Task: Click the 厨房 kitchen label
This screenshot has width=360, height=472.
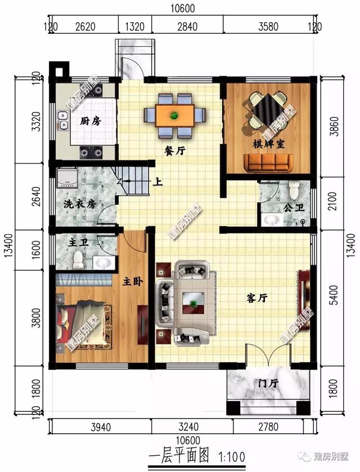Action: pyautogui.click(x=90, y=121)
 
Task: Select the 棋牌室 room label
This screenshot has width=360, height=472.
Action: pyautogui.click(x=268, y=145)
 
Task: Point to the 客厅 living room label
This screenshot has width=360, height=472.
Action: pyautogui.click(x=256, y=299)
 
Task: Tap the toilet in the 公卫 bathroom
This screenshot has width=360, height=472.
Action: pyautogui.click(x=293, y=187)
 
